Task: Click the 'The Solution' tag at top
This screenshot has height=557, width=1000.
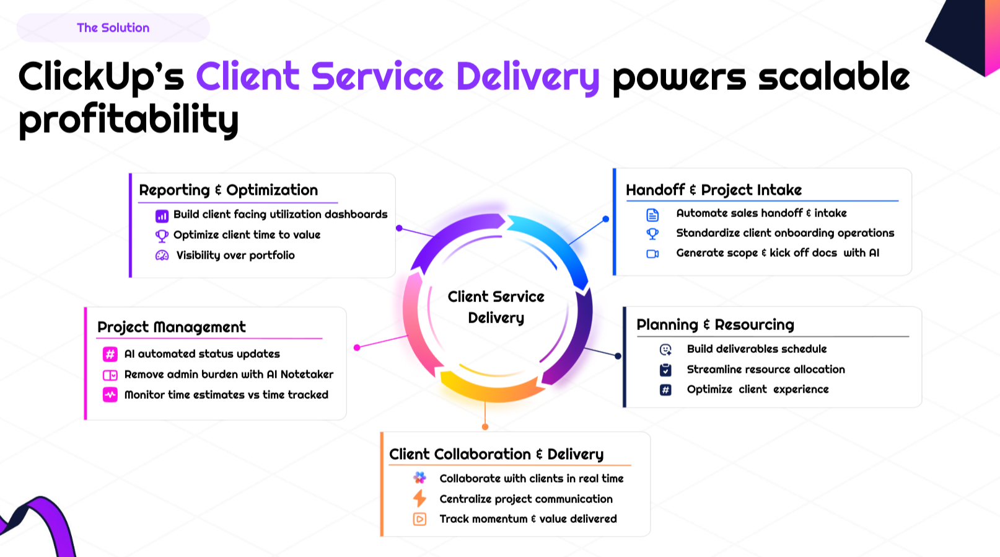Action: coord(113,28)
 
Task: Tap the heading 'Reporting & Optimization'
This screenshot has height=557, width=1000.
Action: coord(228,190)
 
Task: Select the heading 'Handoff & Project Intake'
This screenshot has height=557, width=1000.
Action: coord(713,190)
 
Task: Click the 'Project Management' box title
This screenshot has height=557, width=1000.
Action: coord(171,327)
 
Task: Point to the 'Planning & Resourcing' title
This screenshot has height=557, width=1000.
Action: coord(715,324)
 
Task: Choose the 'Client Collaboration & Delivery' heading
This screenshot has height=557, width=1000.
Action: coord(496,454)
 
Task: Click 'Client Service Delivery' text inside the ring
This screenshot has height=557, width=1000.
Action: coord(496,307)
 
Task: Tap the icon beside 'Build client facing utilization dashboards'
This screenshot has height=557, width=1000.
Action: coord(162,216)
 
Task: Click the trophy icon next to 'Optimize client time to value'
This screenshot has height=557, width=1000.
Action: coord(162,236)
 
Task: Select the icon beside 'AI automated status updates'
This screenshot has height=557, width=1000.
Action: coord(110,354)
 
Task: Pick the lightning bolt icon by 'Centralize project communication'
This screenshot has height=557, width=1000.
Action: coord(419,499)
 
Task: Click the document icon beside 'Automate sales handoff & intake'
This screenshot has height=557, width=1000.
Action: coord(652,215)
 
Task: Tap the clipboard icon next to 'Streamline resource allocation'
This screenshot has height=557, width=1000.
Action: coord(665,370)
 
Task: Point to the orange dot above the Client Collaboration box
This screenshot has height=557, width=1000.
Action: coord(485,427)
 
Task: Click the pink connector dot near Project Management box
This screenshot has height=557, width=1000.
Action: coord(357,347)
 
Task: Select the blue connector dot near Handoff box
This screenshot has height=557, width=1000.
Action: coord(605,219)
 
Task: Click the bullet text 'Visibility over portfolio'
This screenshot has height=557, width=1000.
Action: coord(235,255)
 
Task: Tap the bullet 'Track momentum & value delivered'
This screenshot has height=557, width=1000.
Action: coord(528,519)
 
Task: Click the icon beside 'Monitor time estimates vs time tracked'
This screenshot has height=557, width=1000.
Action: coord(110,394)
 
